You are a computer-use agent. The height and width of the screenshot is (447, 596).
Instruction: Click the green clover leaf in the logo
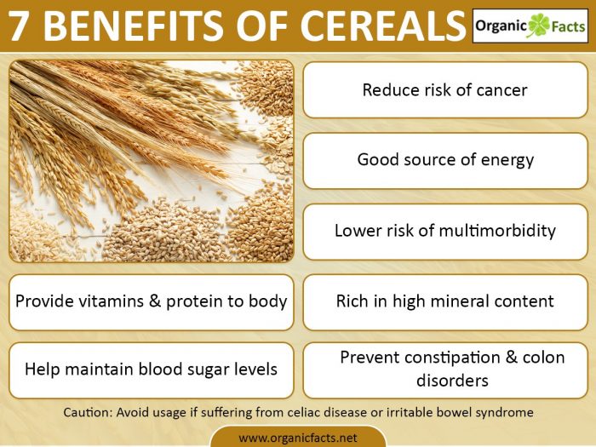click(538, 26)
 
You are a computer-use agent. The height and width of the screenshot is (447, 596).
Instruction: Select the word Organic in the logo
click(502, 26)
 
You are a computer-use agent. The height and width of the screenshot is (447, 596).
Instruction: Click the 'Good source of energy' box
click(444, 159)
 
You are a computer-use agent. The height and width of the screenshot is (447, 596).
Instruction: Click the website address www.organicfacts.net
click(297, 438)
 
